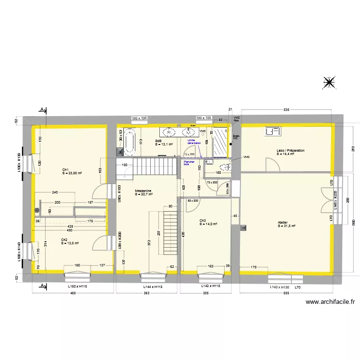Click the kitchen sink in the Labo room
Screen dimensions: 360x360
point(272,131)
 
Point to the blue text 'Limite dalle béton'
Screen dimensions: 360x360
point(194,142)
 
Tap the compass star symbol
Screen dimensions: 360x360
point(329,83)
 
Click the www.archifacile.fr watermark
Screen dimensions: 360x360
point(330,302)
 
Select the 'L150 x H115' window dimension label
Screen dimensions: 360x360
point(78,287)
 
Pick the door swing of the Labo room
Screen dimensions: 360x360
point(274,165)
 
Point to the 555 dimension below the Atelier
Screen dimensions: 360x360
point(286,293)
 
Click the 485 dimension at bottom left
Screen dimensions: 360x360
point(73,293)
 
